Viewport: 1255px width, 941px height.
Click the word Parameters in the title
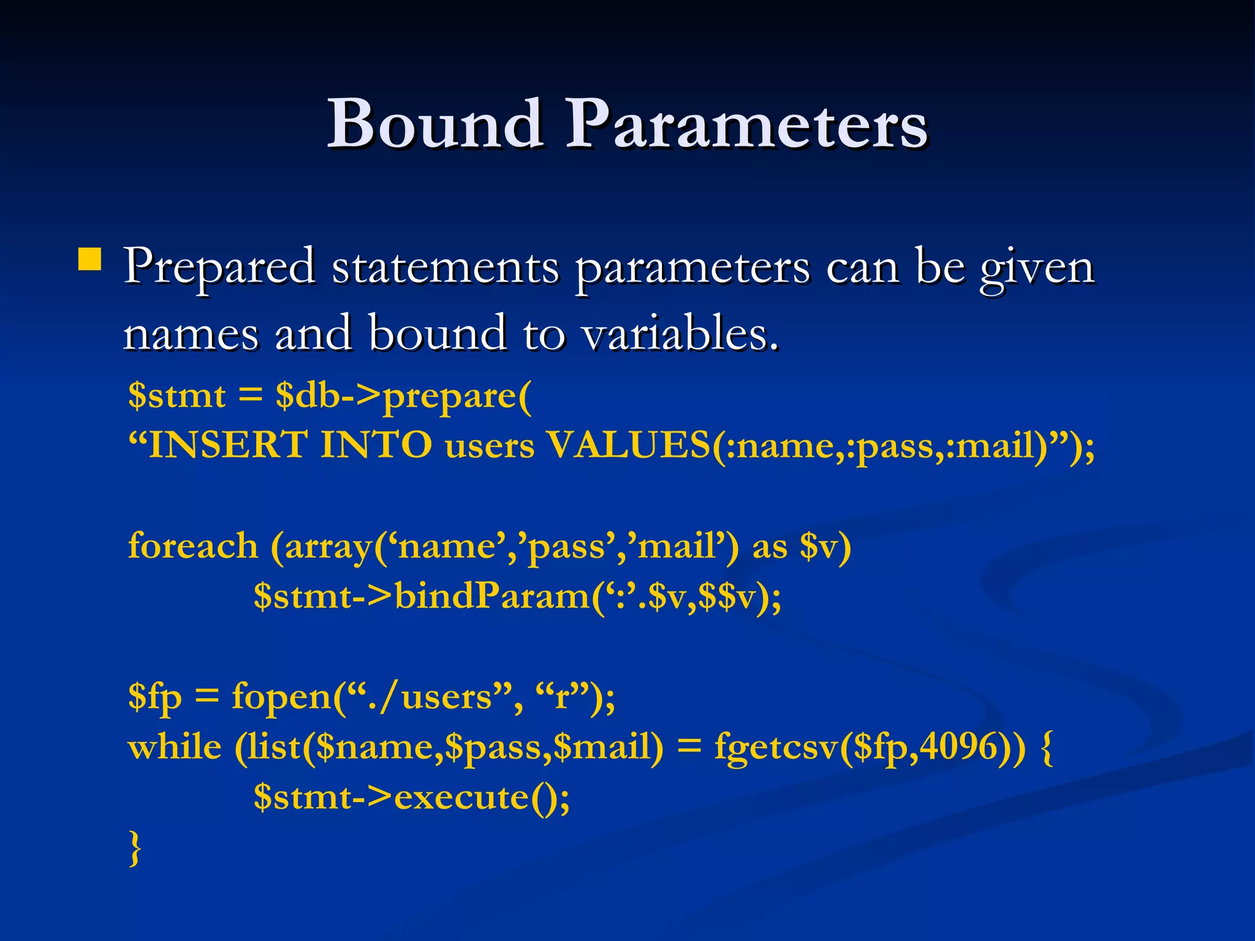coord(746,124)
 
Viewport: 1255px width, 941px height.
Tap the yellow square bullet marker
coord(90,259)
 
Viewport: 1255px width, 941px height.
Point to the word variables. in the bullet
coord(680,334)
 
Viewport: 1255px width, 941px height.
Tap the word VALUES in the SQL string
coord(628,445)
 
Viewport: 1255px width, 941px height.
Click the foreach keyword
coord(192,546)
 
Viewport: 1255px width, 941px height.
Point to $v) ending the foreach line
coord(825,546)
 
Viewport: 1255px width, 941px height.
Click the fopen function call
coord(282,697)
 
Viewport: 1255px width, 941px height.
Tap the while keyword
coord(175,747)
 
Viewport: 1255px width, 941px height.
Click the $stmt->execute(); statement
coord(411,797)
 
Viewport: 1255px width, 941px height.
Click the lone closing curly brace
coord(135,848)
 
